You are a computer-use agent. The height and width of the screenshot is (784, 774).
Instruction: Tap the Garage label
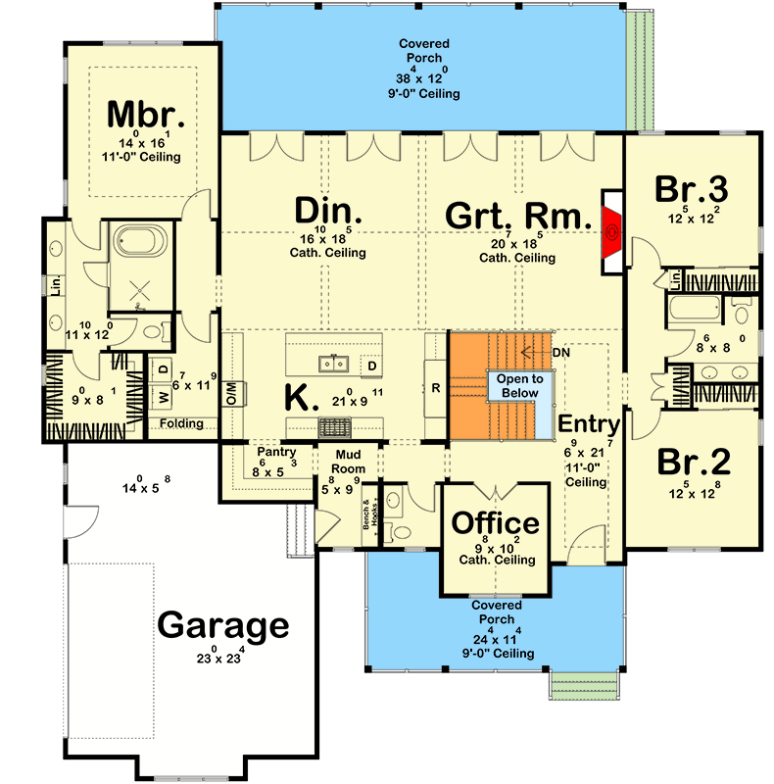224,624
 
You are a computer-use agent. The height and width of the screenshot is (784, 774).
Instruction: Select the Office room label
495,523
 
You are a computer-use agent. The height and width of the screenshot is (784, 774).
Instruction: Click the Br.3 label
692,189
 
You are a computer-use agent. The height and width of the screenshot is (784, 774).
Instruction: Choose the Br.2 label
692,461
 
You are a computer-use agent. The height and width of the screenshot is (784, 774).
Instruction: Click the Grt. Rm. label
516,216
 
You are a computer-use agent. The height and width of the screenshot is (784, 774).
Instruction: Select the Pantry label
269,453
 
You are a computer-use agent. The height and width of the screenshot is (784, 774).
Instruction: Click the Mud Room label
350,461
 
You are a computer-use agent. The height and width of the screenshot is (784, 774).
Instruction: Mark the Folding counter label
183,423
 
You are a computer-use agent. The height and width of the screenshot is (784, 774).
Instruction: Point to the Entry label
589,424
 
